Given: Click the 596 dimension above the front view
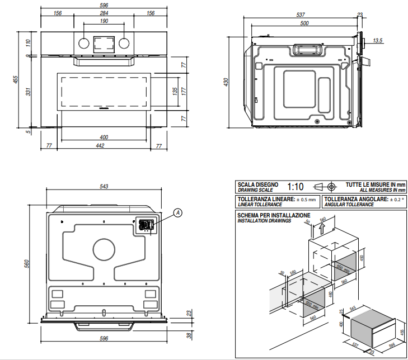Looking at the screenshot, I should pos(104,4).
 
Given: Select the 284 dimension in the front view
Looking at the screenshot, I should pos(104,13).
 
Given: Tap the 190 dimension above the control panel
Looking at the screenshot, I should pos(104,21).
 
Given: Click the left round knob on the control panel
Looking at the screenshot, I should pos(83,43).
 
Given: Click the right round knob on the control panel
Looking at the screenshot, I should pos(124,43).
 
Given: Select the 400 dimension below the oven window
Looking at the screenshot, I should pos(104,137).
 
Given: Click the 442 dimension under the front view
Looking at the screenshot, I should pos(101,146).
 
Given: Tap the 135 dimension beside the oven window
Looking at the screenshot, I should pos(175,91).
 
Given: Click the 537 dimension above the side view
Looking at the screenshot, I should pos(301,15).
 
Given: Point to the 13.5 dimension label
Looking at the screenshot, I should pos(377,40).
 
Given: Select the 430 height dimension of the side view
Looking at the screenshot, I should pos(227,82).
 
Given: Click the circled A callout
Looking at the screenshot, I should pos(177,212).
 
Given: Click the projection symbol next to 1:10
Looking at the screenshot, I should pos(325,186).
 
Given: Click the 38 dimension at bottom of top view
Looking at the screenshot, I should pos(189,335).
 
